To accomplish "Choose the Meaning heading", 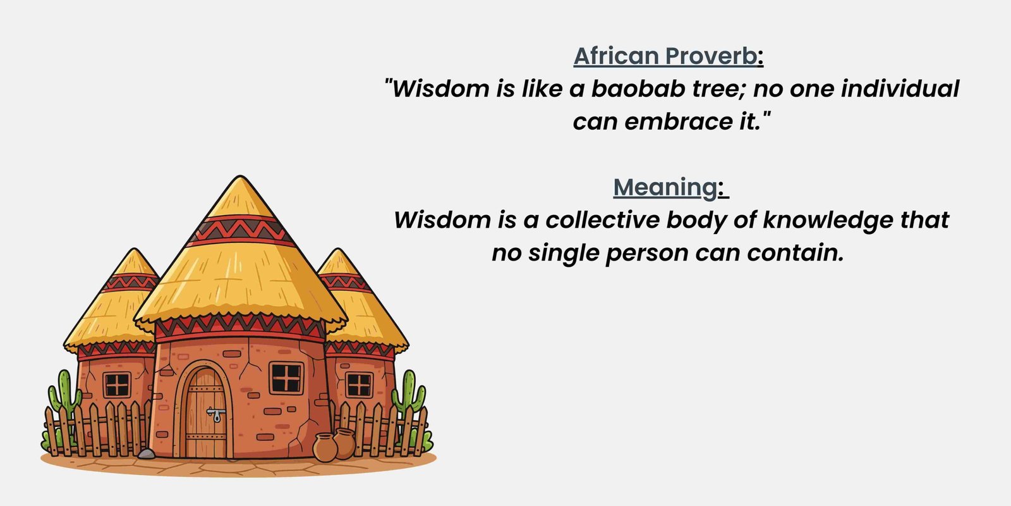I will [665, 187].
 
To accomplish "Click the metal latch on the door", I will [216, 414].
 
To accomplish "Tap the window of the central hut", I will [286, 378].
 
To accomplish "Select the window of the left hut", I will [117, 385].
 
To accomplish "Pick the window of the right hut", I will [359, 385].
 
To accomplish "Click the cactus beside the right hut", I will [408, 395].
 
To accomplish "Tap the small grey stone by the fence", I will [146, 454].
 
